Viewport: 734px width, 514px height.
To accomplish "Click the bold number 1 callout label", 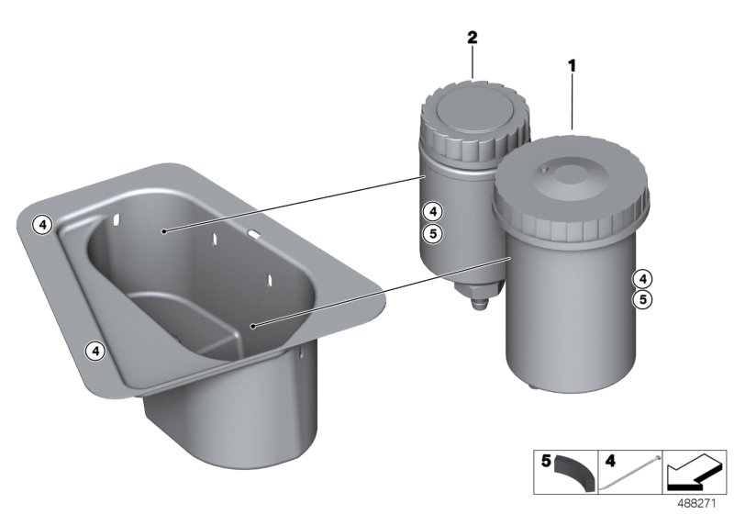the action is pyautogui.click(x=572, y=66).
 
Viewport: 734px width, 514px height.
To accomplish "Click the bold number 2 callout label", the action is pyautogui.click(x=473, y=38).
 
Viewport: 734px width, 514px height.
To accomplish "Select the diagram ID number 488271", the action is pyautogui.click(x=696, y=504).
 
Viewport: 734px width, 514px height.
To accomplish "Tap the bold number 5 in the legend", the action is pyautogui.click(x=546, y=461).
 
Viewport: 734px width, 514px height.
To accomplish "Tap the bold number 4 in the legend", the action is pyautogui.click(x=610, y=461).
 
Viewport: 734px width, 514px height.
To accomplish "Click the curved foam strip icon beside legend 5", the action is pyautogui.click(x=575, y=474).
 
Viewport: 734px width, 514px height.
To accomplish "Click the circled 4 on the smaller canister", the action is pyautogui.click(x=432, y=212).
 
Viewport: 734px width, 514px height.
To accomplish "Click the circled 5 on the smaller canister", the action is pyautogui.click(x=432, y=232).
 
